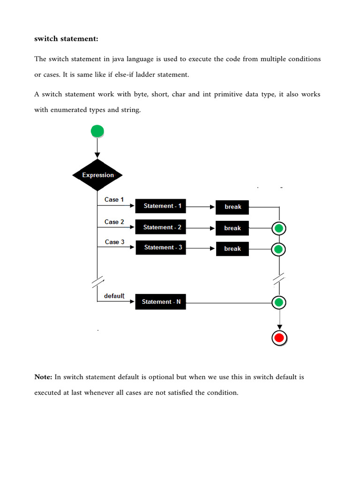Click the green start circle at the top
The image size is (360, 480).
[x=97, y=131]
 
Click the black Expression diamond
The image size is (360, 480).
[x=97, y=175]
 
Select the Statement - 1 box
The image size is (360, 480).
[x=161, y=206]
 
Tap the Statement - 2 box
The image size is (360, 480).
[x=161, y=227]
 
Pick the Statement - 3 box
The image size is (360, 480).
[x=161, y=247]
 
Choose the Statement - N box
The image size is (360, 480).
[x=161, y=302]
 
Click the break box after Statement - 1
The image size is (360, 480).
[x=232, y=207]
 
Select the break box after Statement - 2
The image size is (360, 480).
[x=232, y=228]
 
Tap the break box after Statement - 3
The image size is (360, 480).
[x=232, y=248]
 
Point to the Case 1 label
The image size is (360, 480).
[x=114, y=200]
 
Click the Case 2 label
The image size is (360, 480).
[x=114, y=222]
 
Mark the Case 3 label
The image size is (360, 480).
[x=114, y=242]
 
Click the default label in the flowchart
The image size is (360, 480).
[x=114, y=296]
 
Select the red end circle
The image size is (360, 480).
[x=279, y=337]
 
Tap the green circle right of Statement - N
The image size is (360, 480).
[x=279, y=302]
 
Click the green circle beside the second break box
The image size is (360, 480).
[x=279, y=229]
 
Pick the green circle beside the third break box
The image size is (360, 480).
[x=279, y=249]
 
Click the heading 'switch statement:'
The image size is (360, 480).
[x=66, y=39]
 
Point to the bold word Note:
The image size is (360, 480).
[x=44, y=377]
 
